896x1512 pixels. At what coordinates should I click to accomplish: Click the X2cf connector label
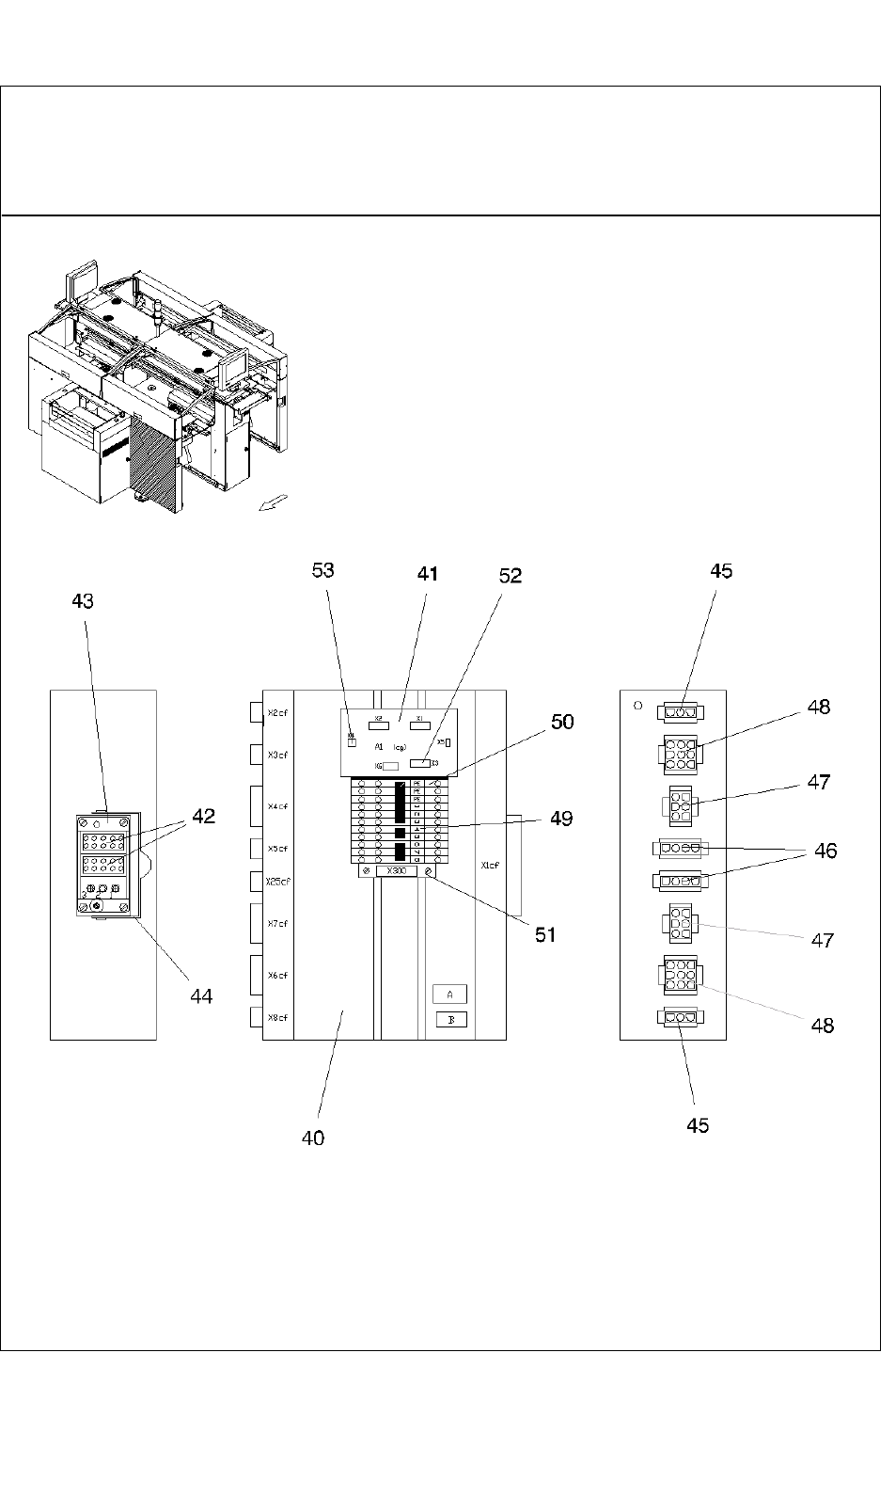(x=277, y=712)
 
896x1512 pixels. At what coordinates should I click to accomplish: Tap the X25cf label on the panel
(x=277, y=882)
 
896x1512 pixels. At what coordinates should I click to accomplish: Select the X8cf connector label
(x=277, y=1017)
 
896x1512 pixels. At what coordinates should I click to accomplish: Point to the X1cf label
(x=490, y=865)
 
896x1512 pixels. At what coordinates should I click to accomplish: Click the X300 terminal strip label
(x=396, y=871)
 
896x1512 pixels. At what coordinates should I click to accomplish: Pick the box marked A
(x=450, y=995)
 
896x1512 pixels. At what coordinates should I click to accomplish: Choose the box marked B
(x=451, y=1020)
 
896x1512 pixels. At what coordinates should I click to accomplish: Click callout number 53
(x=323, y=570)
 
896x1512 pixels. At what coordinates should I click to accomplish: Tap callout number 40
(x=313, y=1138)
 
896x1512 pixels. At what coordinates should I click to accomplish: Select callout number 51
(x=546, y=934)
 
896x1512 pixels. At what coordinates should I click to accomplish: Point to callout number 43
(x=83, y=600)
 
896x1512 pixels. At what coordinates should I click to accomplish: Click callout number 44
(x=201, y=995)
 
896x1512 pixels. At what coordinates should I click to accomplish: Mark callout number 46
(x=825, y=851)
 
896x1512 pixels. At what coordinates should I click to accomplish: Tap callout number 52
(x=511, y=575)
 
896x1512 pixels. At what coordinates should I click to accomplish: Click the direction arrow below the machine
(x=275, y=503)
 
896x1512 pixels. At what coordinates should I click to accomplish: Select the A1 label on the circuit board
(x=378, y=746)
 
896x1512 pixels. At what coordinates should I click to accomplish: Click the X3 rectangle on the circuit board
(x=420, y=763)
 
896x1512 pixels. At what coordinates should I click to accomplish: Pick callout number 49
(x=561, y=818)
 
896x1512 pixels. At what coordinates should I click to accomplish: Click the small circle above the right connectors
(x=638, y=704)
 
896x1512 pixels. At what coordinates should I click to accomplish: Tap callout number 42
(x=204, y=816)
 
